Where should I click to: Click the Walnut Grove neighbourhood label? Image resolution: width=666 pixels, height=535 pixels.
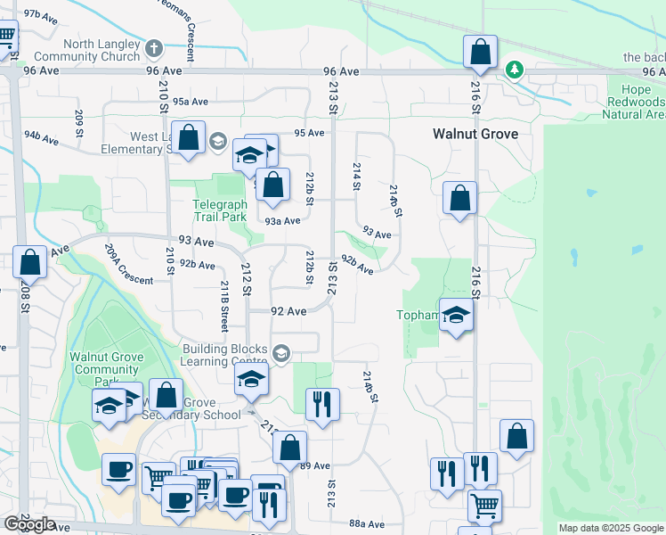click(475, 133)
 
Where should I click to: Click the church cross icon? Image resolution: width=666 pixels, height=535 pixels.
click(153, 46)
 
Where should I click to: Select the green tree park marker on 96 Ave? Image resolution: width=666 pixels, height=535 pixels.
click(514, 69)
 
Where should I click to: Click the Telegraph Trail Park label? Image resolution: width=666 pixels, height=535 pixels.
click(220, 210)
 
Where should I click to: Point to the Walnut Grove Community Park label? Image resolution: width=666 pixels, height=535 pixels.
click(106, 363)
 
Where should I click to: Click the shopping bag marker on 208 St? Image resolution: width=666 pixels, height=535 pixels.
click(30, 263)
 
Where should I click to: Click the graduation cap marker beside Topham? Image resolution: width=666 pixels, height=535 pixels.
click(456, 316)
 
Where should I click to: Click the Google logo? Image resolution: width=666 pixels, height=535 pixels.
click(29, 523)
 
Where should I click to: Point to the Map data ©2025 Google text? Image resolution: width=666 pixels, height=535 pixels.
click(611, 528)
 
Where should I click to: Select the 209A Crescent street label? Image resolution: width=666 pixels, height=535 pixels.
click(128, 265)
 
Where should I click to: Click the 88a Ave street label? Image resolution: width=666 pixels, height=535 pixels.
click(366, 523)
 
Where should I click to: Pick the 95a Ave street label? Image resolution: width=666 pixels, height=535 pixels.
click(190, 102)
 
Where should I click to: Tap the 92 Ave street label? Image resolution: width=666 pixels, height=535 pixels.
click(288, 311)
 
